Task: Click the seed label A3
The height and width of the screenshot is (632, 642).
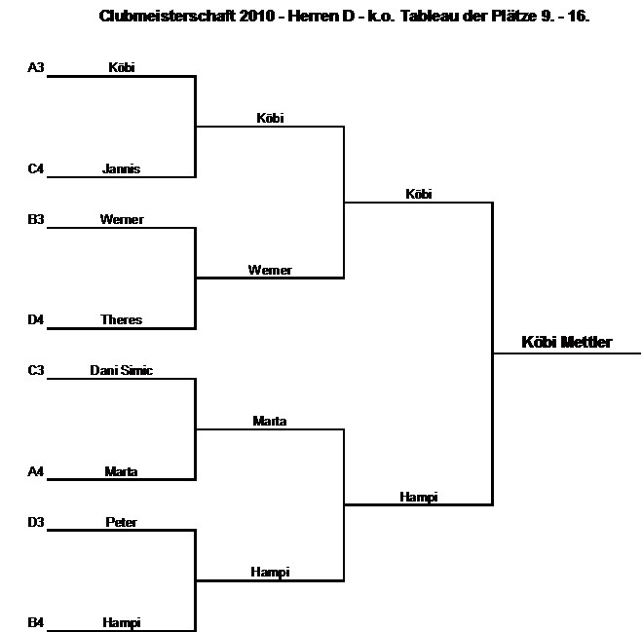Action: click(36, 68)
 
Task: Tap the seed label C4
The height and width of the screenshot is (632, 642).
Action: click(36, 169)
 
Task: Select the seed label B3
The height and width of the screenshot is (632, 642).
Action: click(36, 220)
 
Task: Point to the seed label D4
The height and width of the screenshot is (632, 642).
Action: click(36, 320)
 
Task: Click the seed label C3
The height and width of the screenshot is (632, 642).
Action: click(36, 371)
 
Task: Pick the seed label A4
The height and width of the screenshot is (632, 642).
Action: click(36, 472)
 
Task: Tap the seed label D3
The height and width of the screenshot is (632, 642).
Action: click(36, 523)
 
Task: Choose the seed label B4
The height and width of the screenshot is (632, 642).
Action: click(36, 623)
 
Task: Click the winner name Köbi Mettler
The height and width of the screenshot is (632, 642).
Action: click(567, 343)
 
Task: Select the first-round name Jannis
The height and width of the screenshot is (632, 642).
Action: click(122, 169)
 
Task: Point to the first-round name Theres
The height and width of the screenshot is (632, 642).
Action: click(122, 320)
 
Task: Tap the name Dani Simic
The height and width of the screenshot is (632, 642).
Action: click(122, 371)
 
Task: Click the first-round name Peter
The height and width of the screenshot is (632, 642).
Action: click(122, 523)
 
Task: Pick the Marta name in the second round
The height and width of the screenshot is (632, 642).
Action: click(270, 422)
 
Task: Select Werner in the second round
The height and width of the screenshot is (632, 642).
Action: click(270, 271)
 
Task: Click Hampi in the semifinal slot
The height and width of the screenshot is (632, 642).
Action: click(419, 498)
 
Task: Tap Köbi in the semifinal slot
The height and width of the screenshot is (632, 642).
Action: click(419, 195)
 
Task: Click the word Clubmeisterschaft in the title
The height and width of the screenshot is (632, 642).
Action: click(158, 17)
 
